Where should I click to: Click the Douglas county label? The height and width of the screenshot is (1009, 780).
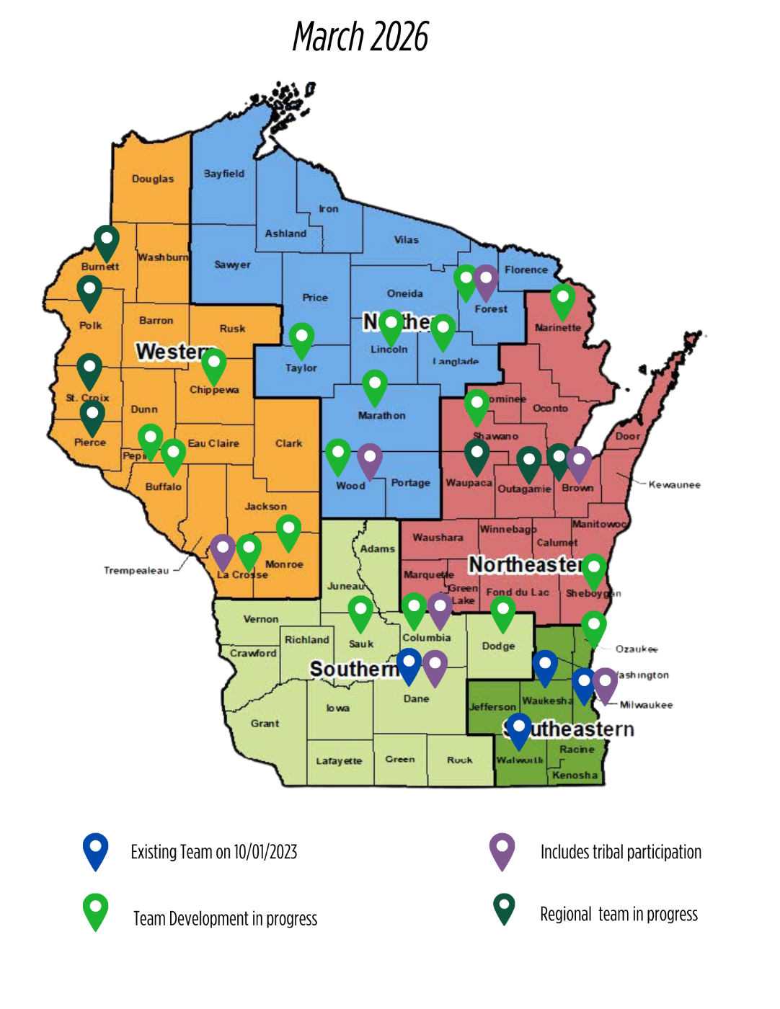pyautogui.click(x=152, y=179)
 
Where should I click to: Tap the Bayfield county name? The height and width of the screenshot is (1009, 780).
pyautogui.click(x=224, y=174)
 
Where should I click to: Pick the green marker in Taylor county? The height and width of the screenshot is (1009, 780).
pyautogui.click(x=301, y=339)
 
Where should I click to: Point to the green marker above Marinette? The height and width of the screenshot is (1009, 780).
pyautogui.click(x=562, y=299)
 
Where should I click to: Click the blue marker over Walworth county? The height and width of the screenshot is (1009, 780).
pyautogui.click(x=518, y=729)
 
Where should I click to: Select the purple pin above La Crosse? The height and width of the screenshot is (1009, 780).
pyautogui.click(x=223, y=550)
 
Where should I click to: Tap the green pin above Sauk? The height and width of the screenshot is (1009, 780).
pyautogui.click(x=360, y=612)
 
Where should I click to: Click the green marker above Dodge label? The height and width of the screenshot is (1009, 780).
pyautogui.click(x=502, y=612)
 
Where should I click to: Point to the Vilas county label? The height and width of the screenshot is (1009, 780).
pyautogui.click(x=406, y=240)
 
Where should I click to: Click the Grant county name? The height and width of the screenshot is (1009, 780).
pyautogui.click(x=265, y=723)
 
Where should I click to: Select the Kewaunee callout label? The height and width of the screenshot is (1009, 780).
pyautogui.click(x=675, y=485)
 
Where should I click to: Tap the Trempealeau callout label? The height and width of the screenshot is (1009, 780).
pyautogui.click(x=136, y=571)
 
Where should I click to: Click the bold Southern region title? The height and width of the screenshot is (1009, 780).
pyautogui.click(x=353, y=670)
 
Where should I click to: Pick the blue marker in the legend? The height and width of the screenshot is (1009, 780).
pyautogui.click(x=95, y=849)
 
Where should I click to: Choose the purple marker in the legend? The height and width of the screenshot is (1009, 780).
pyautogui.click(x=502, y=849)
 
